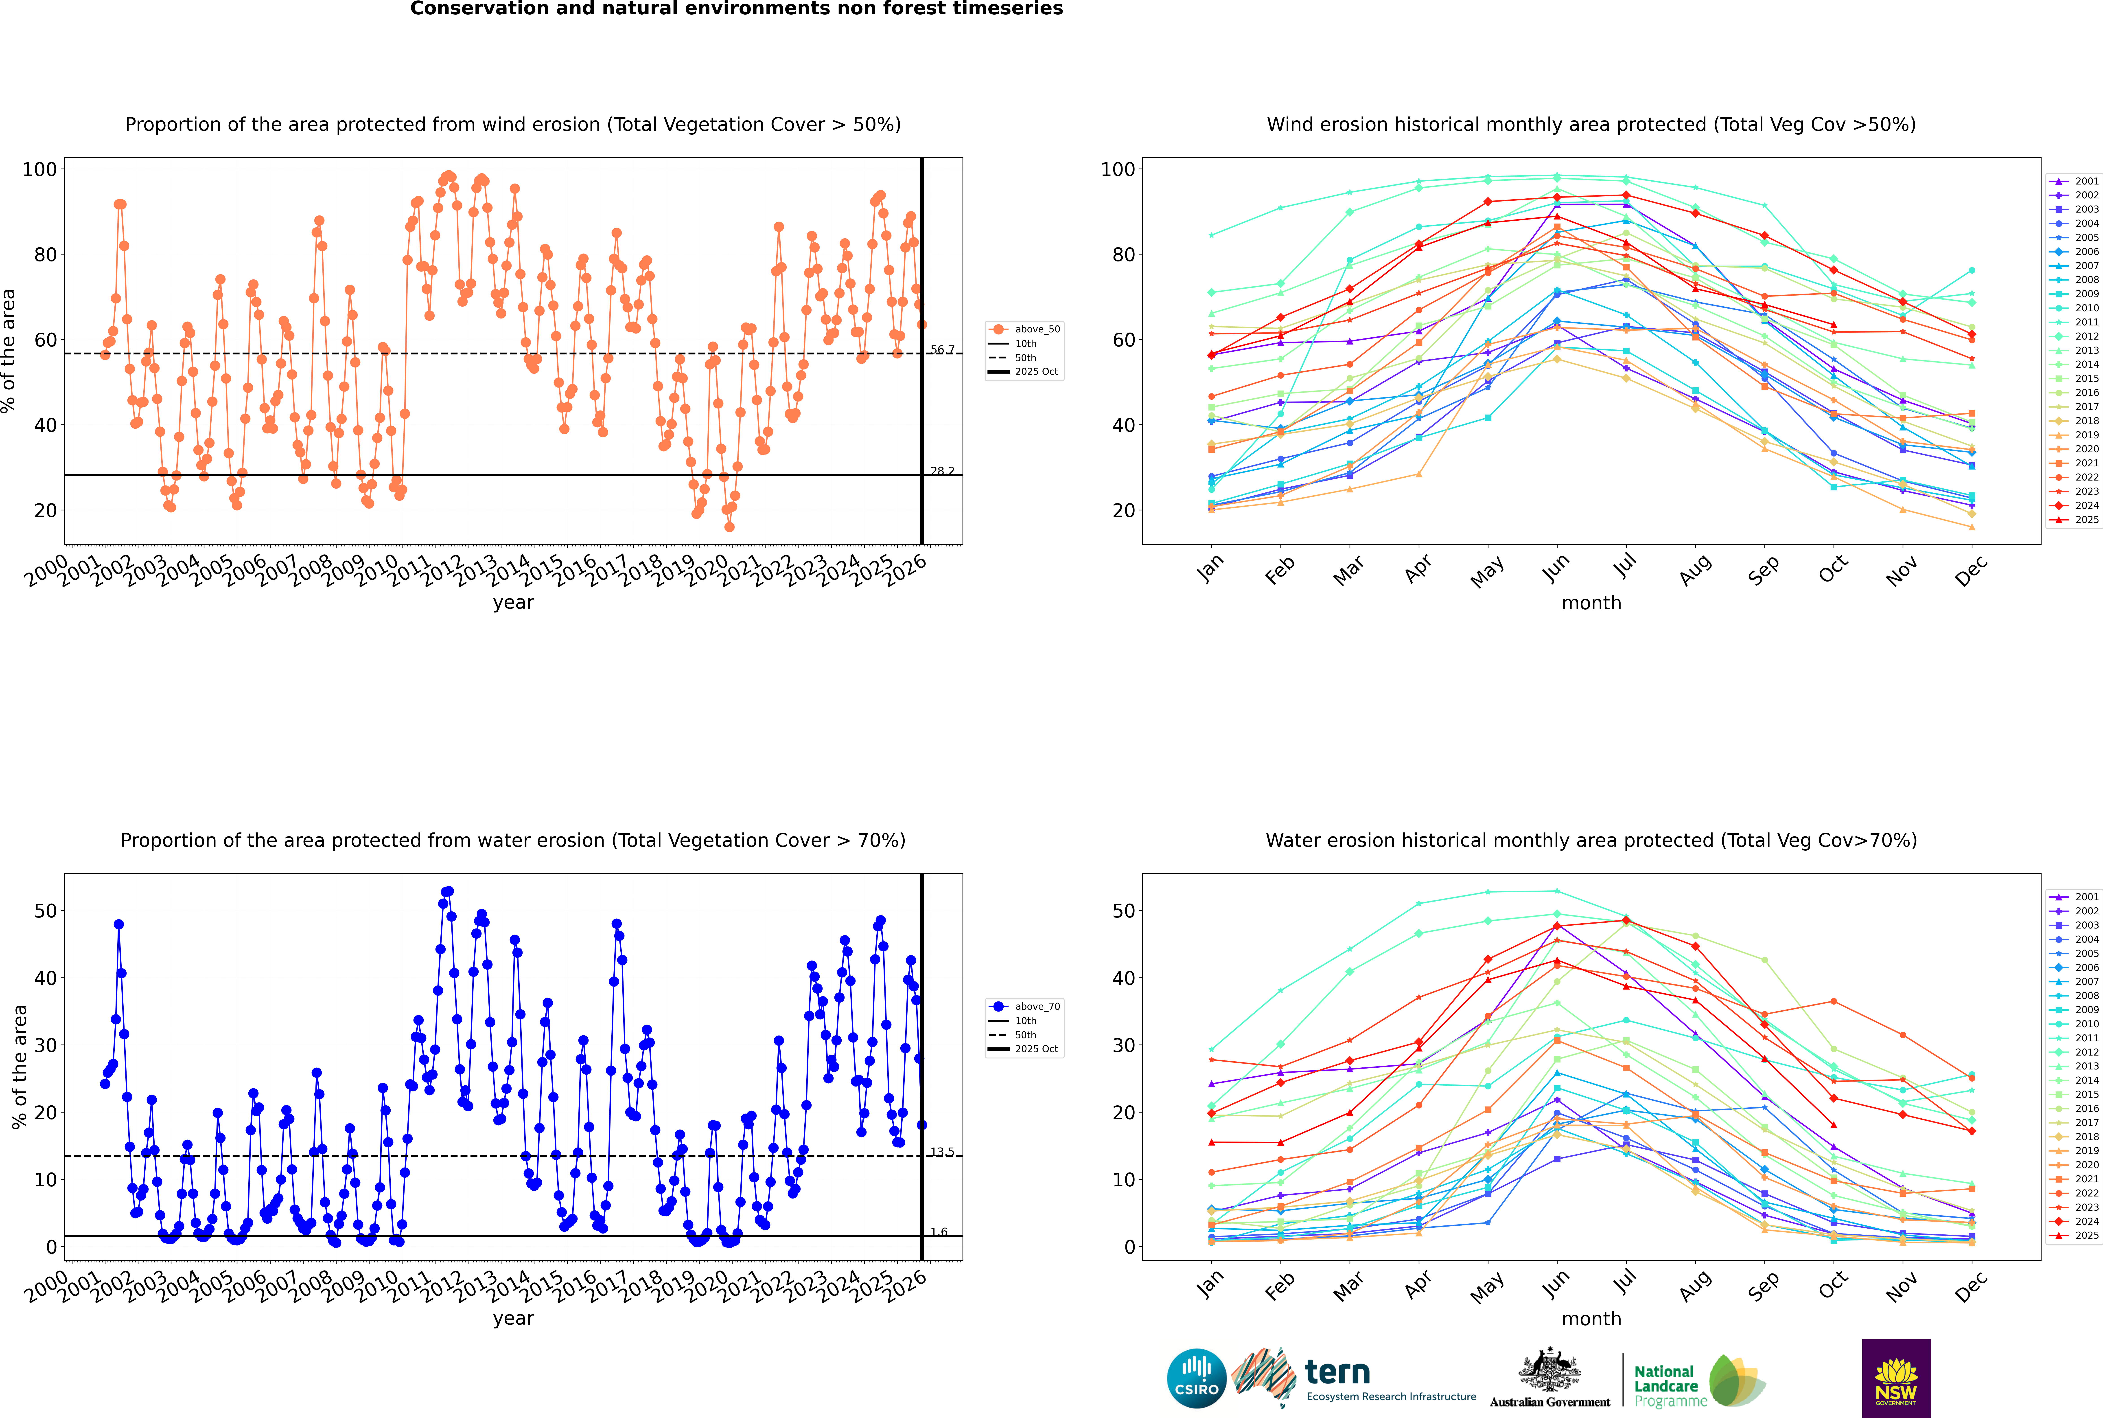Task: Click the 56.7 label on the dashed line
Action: point(942,350)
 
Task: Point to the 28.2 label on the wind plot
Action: point(942,471)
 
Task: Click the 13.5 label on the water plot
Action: point(942,1152)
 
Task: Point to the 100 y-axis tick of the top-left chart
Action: point(40,169)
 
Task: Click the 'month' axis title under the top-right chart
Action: point(1591,603)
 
